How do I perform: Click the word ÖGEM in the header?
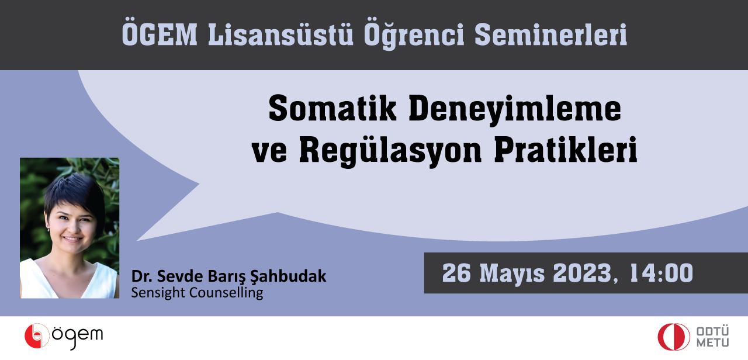click(160, 34)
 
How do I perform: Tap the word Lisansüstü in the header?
click(280, 34)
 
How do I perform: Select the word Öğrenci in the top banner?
click(414, 36)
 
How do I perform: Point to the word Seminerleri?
click(550, 34)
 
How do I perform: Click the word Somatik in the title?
click(333, 109)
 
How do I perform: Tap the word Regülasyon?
click(390, 151)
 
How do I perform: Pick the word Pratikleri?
click(566, 149)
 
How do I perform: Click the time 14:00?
click(662, 273)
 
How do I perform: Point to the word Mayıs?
click(512, 274)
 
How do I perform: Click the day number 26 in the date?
click(456, 273)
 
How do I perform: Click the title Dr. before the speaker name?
click(142, 276)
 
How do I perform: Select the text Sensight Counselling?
click(197, 293)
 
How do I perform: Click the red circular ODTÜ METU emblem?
click(674, 337)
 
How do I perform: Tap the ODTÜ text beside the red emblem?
click(712, 331)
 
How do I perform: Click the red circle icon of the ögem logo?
click(37, 336)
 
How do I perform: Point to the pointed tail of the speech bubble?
click(137, 240)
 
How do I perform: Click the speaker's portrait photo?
click(70, 228)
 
